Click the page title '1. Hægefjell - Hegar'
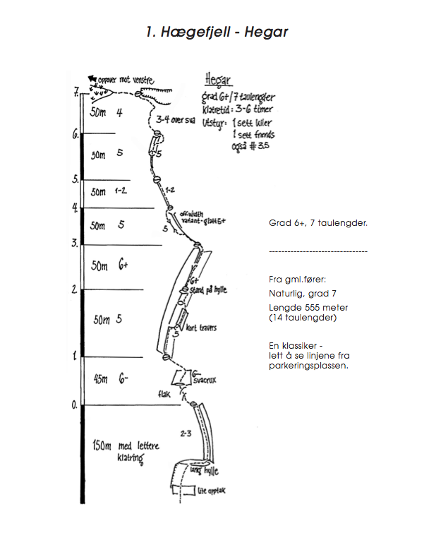click(x=217, y=32)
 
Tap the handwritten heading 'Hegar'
click(x=218, y=78)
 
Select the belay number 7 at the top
click(x=75, y=91)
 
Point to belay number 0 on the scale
click(x=74, y=405)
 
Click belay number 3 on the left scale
click(x=74, y=243)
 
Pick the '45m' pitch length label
click(x=97, y=381)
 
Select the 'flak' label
click(x=165, y=395)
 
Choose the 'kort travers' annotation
click(x=201, y=328)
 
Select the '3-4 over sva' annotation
click(x=175, y=119)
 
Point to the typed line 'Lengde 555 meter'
click(x=308, y=308)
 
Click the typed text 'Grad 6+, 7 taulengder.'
click(x=318, y=223)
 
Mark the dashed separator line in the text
click(x=318, y=251)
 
